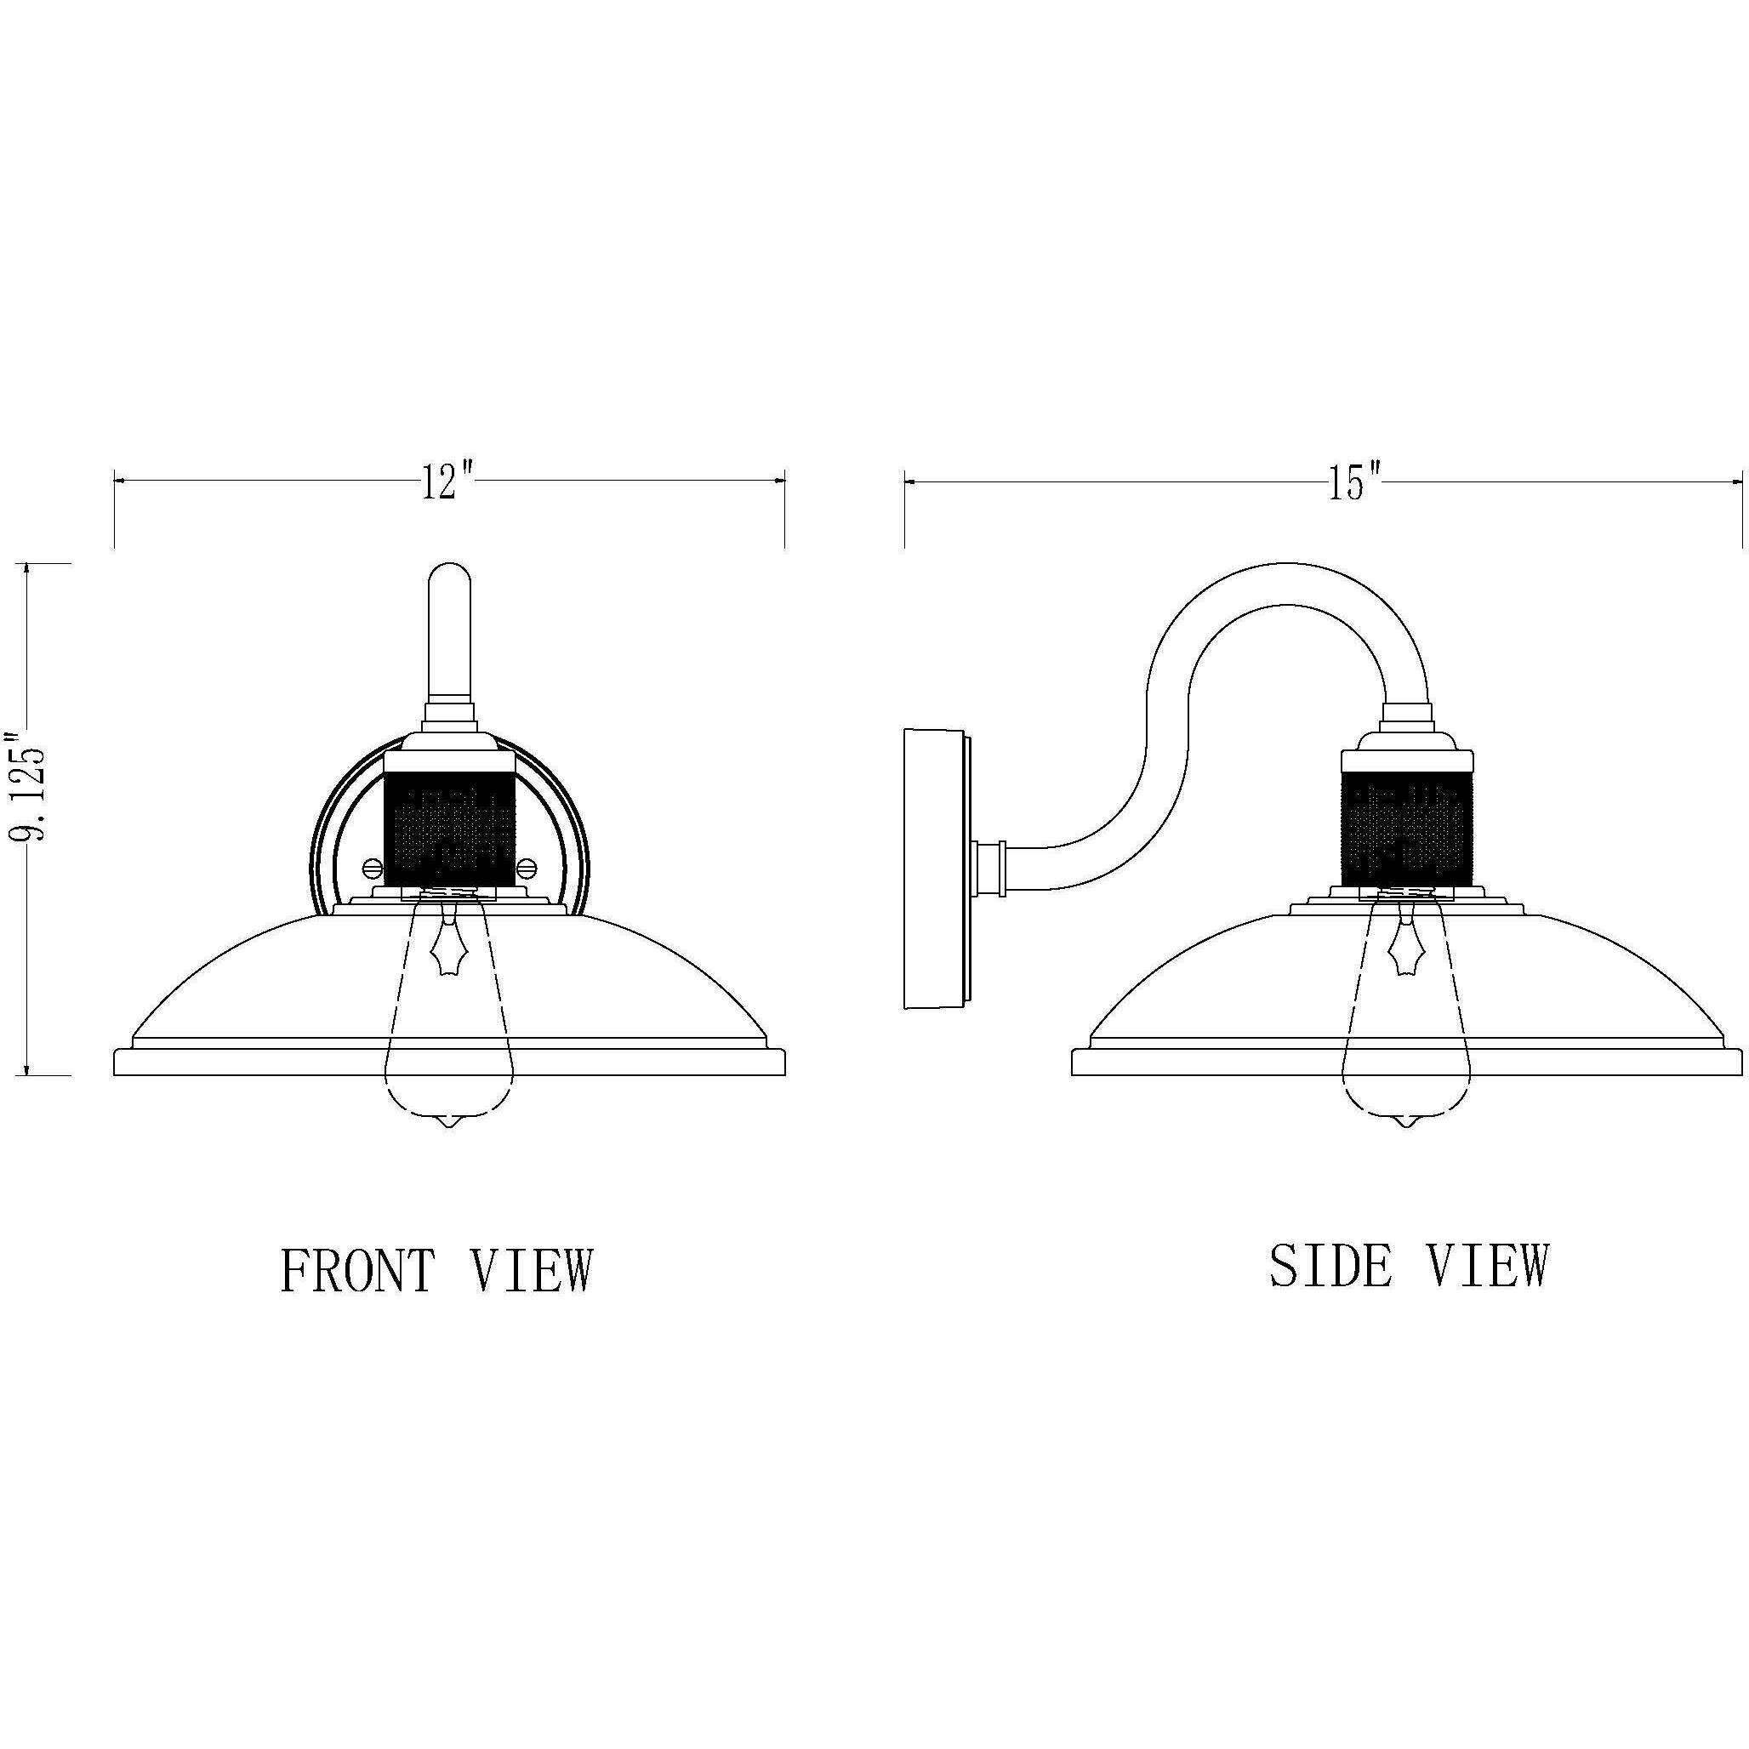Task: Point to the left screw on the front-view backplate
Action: point(372,867)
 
